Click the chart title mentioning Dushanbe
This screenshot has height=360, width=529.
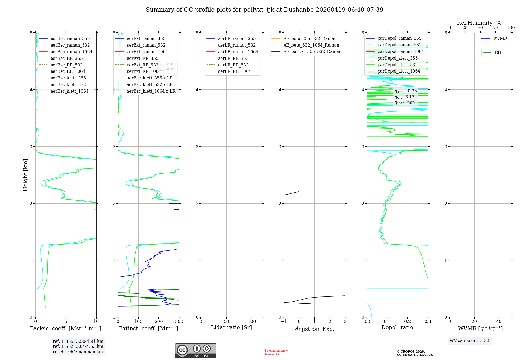coord(264,10)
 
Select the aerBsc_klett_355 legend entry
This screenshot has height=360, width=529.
coord(68,78)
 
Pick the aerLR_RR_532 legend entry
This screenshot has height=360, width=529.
coord(233,65)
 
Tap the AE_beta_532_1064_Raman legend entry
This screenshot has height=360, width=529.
coord(311,45)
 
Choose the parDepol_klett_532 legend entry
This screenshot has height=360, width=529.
coord(397,65)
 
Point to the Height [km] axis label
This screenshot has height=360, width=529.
coord(25,175)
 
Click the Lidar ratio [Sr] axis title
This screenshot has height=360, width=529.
coord(231,327)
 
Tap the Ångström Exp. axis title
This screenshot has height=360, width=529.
coord(314,329)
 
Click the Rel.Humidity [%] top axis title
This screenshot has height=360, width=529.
coord(480,23)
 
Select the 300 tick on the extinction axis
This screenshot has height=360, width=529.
coord(179,321)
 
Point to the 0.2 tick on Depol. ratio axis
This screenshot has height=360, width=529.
coord(408,321)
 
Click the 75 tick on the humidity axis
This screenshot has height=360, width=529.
coord(496,28)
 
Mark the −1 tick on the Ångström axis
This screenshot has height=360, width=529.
coord(284,321)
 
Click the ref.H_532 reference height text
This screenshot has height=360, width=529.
coord(78,346)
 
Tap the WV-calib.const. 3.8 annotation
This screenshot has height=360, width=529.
coord(470,340)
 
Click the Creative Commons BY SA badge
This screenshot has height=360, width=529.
coord(195,350)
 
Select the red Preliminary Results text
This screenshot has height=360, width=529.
coord(276,352)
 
